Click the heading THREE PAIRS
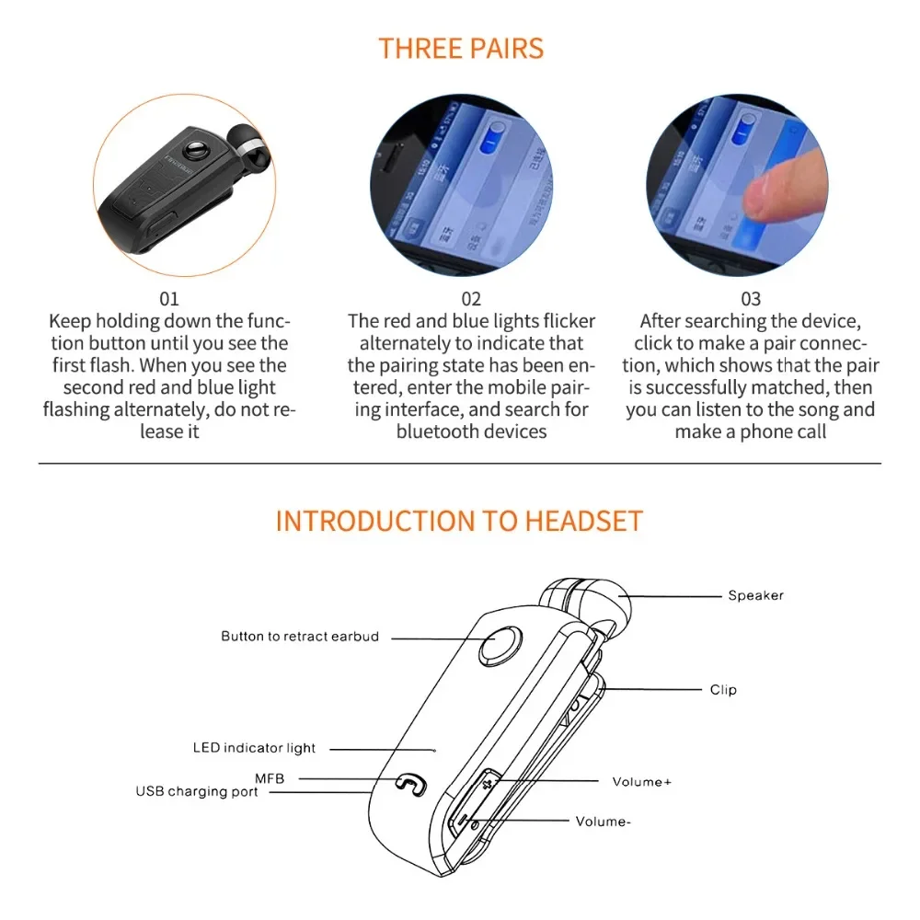pyautogui.click(x=461, y=48)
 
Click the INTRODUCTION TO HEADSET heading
pyautogui.click(x=459, y=520)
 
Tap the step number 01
pyautogui.click(x=169, y=299)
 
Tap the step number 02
pyautogui.click(x=471, y=299)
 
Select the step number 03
pyautogui.click(x=751, y=299)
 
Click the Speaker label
pyautogui.click(x=755, y=595)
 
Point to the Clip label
pyautogui.click(x=723, y=689)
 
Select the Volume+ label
pyautogui.click(x=641, y=781)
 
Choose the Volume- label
pyautogui.click(x=603, y=821)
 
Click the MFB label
pyautogui.click(x=270, y=778)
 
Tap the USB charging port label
pyautogui.click(x=197, y=791)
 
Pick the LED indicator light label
pyautogui.click(x=254, y=748)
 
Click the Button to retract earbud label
pyautogui.click(x=300, y=636)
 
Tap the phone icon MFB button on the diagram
pyautogui.click(x=409, y=785)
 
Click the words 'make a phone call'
pyautogui.click(x=751, y=431)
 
